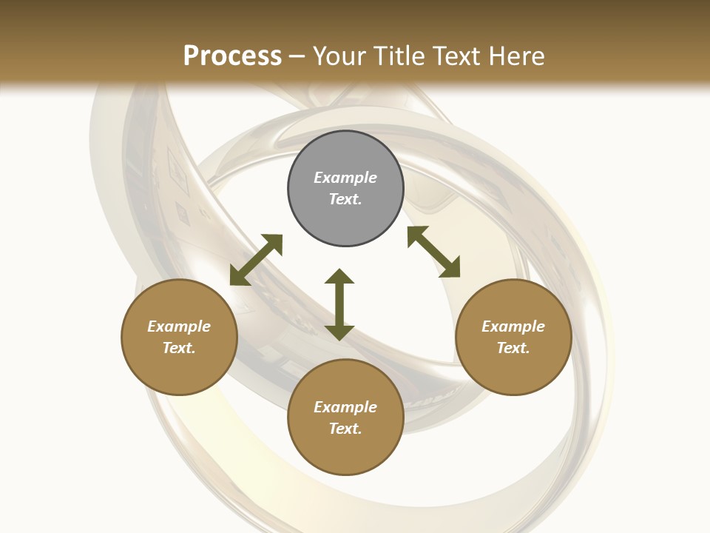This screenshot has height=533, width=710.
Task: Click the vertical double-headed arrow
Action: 339,305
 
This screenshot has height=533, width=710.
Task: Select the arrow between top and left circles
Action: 256,260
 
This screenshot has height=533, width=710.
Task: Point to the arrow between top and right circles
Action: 433,252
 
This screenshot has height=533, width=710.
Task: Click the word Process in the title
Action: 232,56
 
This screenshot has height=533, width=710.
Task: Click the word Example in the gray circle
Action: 345,178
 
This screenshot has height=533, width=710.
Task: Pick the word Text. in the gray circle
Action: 345,199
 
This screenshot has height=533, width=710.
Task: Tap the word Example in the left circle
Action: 179,326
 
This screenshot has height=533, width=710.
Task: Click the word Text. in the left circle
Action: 179,348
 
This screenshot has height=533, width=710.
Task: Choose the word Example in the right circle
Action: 513,326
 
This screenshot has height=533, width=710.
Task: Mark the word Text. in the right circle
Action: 513,348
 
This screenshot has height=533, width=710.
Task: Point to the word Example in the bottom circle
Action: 345,407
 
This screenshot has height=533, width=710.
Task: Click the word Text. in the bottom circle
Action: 345,429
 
